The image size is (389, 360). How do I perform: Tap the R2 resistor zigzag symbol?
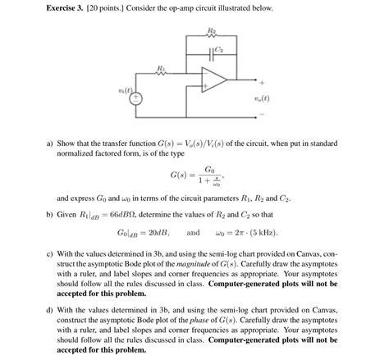tap(210, 38)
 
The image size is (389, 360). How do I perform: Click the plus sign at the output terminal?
tap(262, 83)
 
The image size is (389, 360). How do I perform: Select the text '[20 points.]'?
tap(112, 8)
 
